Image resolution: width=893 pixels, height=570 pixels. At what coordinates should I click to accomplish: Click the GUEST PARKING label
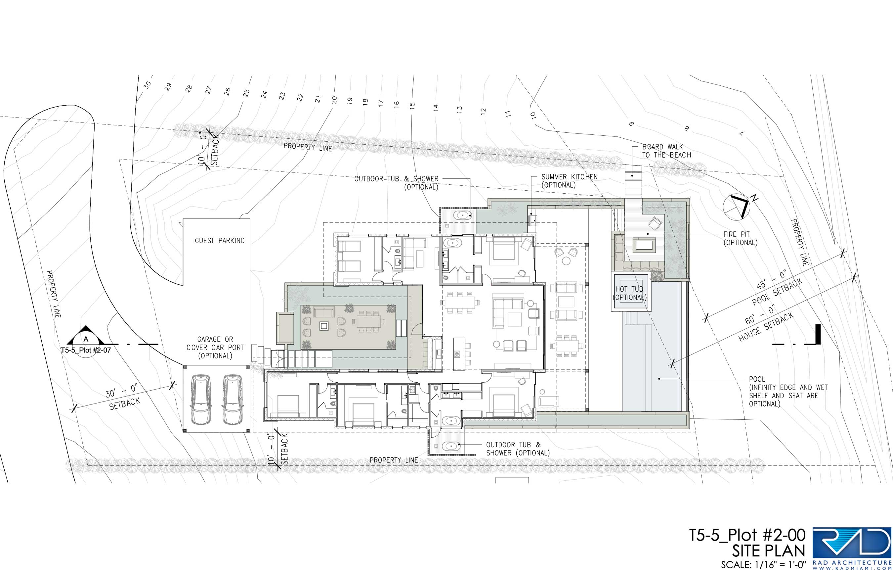[220, 240]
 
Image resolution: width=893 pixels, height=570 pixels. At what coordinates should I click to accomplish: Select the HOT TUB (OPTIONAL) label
[629, 293]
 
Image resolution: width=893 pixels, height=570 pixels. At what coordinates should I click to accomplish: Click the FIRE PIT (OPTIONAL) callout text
[740, 238]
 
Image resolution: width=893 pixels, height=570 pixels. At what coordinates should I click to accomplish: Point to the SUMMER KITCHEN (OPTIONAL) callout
[569, 181]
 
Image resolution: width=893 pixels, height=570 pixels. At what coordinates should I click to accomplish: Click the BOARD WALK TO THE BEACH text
[666, 151]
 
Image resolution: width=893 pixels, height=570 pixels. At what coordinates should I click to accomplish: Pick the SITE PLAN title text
[768, 551]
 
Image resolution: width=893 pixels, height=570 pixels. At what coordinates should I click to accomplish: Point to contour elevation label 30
[148, 85]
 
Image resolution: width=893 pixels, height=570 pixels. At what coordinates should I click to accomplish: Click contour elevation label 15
[412, 105]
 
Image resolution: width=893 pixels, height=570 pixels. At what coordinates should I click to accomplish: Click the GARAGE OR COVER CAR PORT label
[215, 347]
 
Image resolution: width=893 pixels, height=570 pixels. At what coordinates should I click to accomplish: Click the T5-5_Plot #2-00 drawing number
[747, 535]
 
